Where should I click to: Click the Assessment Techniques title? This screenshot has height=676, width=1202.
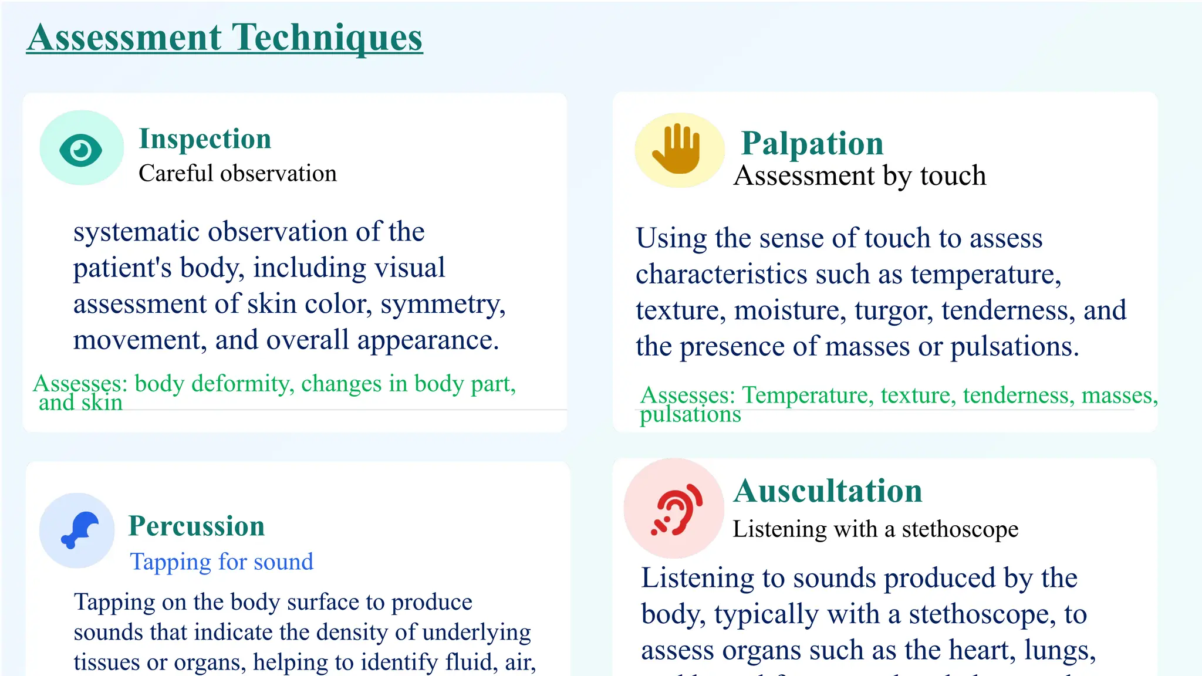click(x=224, y=38)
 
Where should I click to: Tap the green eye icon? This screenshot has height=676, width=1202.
click(x=81, y=150)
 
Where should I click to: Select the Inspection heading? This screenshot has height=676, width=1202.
click(x=205, y=139)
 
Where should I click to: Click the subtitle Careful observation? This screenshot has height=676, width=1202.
click(x=238, y=174)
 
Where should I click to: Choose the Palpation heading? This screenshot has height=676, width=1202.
click(x=812, y=144)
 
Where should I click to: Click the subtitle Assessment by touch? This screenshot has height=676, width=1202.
click(x=860, y=175)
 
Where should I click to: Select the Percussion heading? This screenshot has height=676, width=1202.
click(x=197, y=526)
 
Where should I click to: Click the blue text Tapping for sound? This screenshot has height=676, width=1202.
click(x=221, y=562)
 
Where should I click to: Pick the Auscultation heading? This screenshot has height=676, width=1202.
click(x=828, y=491)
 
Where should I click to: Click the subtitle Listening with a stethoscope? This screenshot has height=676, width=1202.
click(x=875, y=529)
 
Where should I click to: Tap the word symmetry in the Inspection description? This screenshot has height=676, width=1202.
click(x=443, y=305)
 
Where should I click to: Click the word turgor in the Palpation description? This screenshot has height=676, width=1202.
click(x=893, y=310)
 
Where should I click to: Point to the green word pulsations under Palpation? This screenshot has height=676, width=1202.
click(x=690, y=414)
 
